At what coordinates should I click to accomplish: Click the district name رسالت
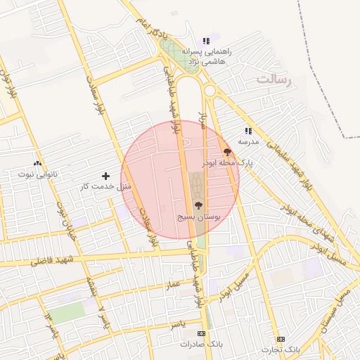pyautogui.click(x=273, y=79)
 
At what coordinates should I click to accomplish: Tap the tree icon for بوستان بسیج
pyautogui.click(x=198, y=205)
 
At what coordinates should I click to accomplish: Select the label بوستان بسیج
pyautogui.click(x=198, y=219)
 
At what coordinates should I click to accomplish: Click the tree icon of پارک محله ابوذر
pyautogui.click(x=227, y=152)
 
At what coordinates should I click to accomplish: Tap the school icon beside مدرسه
pyautogui.click(x=248, y=130)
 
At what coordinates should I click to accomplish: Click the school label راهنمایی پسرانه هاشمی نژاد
pyautogui.click(x=205, y=56)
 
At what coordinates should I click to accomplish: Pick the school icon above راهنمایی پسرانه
pyautogui.click(x=205, y=41)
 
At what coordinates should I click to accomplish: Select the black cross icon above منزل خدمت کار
pyautogui.click(x=105, y=175)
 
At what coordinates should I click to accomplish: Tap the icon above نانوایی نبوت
pyautogui.click(x=37, y=162)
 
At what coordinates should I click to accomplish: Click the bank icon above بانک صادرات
pyautogui.click(x=202, y=333)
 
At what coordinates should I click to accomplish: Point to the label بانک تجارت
pyautogui.click(x=281, y=349)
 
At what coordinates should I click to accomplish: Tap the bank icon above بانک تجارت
pyautogui.click(x=281, y=339)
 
